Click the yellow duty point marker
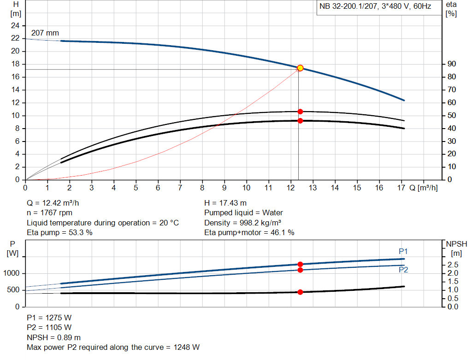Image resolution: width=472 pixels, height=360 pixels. pos(300,68)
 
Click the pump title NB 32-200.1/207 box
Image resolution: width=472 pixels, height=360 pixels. pos(375,6)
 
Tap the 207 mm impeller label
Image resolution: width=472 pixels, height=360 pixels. pos(45,33)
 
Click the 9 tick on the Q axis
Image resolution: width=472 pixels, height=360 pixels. pos(224,188)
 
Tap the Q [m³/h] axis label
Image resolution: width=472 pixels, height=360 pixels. pos(423,188)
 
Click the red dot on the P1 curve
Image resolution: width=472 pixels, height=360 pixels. pos(300,264)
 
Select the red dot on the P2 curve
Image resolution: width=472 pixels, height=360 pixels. pos(300,270)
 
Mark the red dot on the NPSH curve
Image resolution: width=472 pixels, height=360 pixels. pos(300,292)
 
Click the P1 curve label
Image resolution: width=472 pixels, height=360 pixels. pos(403,251)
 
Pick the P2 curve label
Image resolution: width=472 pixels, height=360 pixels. pos(403,270)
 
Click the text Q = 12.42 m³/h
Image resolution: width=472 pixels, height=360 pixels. pos(56,203)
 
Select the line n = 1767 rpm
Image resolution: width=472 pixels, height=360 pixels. pos(49,213)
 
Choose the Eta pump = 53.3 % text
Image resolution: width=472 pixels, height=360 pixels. pos(59,233)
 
